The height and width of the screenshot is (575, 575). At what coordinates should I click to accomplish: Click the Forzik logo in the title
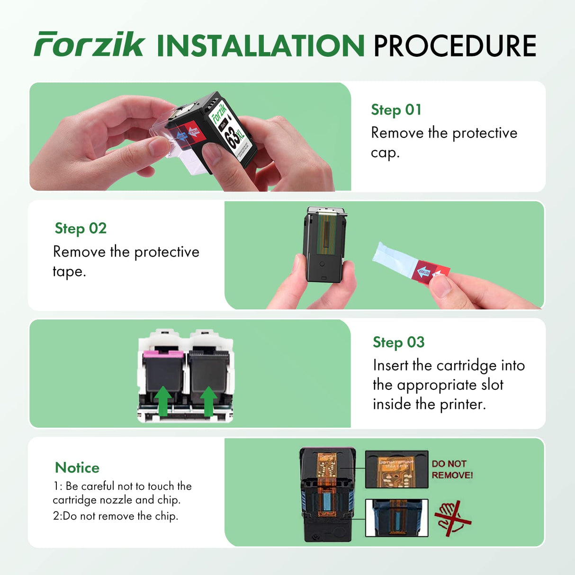[89, 45]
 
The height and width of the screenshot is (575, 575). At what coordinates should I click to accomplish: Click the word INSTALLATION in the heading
[260, 46]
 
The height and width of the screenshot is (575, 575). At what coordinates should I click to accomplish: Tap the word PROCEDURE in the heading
[455, 46]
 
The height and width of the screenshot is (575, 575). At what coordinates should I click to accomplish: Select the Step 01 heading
[396, 110]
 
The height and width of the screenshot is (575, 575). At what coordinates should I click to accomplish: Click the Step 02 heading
[81, 228]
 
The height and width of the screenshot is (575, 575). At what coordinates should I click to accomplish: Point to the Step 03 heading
[398, 342]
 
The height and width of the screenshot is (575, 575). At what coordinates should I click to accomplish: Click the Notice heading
[77, 467]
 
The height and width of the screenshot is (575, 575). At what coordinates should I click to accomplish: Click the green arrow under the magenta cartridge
[163, 400]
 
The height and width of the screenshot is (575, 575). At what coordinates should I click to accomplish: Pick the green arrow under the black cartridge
[208, 400]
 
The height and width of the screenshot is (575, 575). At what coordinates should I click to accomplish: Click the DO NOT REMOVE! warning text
[452, 469]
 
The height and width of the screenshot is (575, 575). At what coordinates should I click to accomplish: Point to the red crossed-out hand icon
[452, 518]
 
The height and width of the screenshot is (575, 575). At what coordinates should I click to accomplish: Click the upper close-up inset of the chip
[396, 469]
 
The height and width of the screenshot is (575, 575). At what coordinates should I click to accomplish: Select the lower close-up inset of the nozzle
[396, 518]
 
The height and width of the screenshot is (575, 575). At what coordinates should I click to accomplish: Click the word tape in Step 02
[69, 271]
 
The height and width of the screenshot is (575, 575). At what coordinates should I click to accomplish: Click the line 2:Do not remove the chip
[116, 516]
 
